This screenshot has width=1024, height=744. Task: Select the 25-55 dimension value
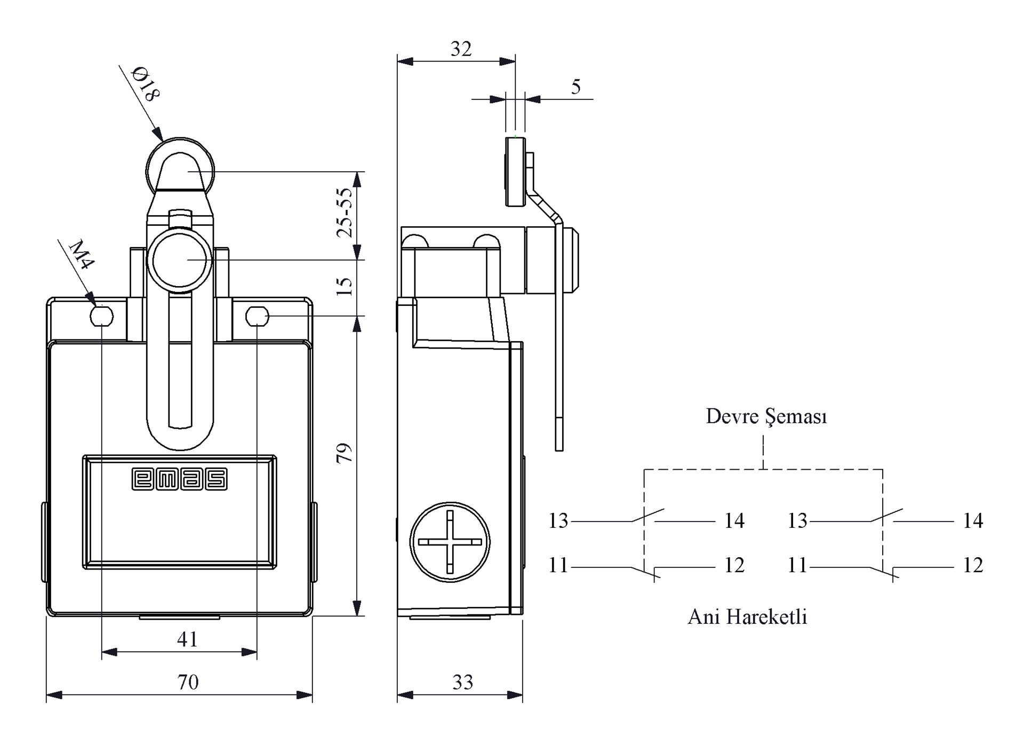pyautogui.click(x=345, y=212)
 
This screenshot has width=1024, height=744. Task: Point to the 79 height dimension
pyautogui.click(x=345, y=453)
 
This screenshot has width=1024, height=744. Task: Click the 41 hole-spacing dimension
pyautogui.click(x=187, y=639)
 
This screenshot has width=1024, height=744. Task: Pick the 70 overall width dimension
pyautogui.click(x=188, y=682)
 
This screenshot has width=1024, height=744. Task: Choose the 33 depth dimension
pyautogui.click(x=462, y=682)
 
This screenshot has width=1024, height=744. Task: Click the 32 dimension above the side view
pyautogui.click(x=461, y=49)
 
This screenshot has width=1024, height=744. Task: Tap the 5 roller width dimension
pyautogui.click(x=576, y=86)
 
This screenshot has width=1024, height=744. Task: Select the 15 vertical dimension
pyautogui.click(x=345, y=287)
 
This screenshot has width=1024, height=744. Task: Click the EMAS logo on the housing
pyautogui.click(x=180, y=479)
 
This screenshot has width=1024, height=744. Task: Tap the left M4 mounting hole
pyautogui.click(x=101, y=316)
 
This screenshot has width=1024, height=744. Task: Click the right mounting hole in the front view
pyautogui.click(x=257, y=316)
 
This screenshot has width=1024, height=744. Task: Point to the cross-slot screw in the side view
pyautogui.click(x=450, y=542)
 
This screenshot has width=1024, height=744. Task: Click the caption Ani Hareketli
pyautogui.click(x=747, y=617)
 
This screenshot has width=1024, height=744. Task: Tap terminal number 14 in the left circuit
pyautogui.click(x=734, y=520)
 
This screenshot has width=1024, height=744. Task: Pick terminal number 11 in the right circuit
pyautogui.click(x=797, y=565)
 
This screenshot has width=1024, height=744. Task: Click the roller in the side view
pyautogui.click(x=516, y=171)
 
